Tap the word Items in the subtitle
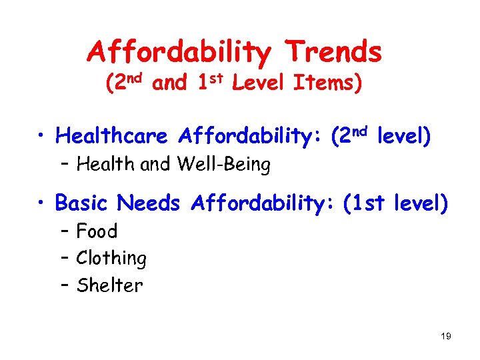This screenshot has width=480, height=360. (x=324, y=85)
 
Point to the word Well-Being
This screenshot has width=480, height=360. (x=224, y=164)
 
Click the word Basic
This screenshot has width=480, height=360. (x=85, y=202)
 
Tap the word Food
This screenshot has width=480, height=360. (x=97, y=231)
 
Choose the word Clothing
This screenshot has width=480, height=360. (x=111, y=259)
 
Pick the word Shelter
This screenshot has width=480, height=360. (x=109, y=285)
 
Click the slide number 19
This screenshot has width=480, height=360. (x=446, y=336)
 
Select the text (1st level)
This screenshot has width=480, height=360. (x=395, y=202)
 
